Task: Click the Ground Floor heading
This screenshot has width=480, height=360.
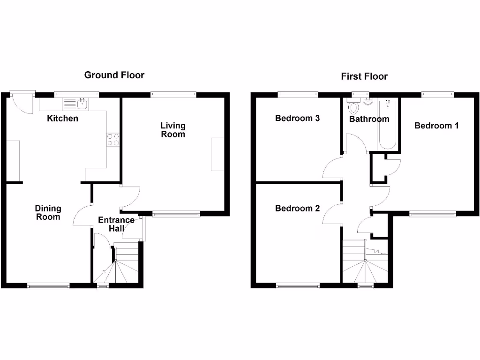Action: coord(114,75)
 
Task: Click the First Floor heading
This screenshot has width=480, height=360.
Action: coord(364,76)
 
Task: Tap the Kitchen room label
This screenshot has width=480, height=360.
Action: coord(63,119)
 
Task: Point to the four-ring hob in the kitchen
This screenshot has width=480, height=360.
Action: coord(113,139)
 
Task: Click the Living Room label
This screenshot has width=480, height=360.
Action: coord(173,130)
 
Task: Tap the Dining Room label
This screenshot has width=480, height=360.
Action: coord(48,213)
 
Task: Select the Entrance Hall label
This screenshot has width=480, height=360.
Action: coord(116,225)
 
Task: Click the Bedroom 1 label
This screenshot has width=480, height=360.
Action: coord(436,126)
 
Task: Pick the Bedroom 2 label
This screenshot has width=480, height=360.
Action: coord(297,208)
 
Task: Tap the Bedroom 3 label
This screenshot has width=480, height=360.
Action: coord(297,118)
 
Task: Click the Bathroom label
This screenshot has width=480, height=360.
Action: coord(369,119)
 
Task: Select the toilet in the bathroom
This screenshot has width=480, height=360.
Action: coord(353,107)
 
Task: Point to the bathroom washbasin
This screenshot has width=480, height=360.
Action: coord(367,103)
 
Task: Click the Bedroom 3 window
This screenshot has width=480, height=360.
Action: coord(298,95)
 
